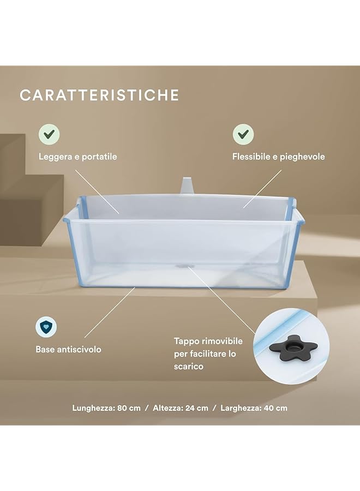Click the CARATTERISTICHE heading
[x=99, y=95]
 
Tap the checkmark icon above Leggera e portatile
[x=49, y=134]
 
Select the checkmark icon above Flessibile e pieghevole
[x=243, y=134]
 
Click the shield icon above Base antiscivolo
[x=47, y=327]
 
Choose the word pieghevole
[x=303, y=157]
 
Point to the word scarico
[x=189, y=367]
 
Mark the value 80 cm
[x=129, y=408]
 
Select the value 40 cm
[x=275, y=408]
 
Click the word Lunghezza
[x=93, y=408]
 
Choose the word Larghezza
[x=240, y=408]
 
